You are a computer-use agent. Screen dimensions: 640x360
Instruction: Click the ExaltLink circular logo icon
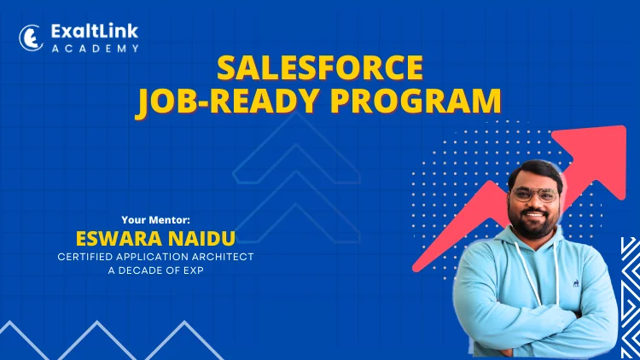(x=31, y=38)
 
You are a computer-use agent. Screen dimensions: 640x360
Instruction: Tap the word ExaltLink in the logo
(x=95, y=32)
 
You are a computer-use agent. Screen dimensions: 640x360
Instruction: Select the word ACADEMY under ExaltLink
(x=96, y=49)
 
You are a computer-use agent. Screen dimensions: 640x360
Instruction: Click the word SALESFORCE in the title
(x=320, y=67)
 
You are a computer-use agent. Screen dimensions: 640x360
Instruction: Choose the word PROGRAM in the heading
(x=416, y=101)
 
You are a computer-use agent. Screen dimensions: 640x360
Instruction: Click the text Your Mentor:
(x=155, y=220)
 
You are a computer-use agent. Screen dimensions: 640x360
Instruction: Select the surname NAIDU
(x=202, y=239)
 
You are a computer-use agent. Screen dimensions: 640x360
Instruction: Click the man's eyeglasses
(x=536, y=195)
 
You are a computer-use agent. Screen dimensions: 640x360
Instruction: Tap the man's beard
(x=534, y=223)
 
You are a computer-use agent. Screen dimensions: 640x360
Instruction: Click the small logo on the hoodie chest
(x=575, y=283)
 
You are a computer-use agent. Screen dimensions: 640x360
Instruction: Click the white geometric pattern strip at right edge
(x=631, y=298)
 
